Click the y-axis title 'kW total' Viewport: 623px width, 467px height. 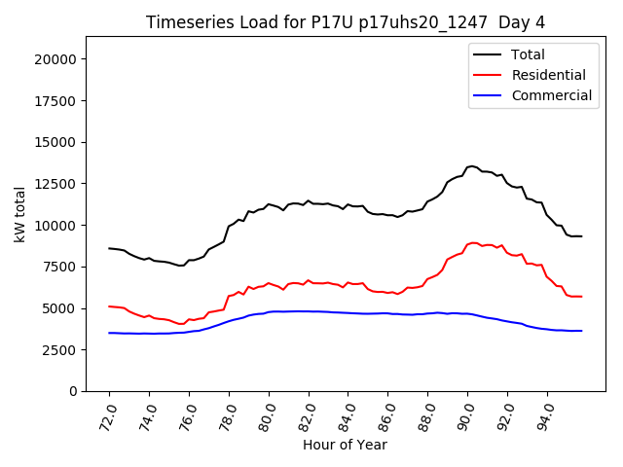tap(20, 214)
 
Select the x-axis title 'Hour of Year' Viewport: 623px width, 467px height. tap(345, 445)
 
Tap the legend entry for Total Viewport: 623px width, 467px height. tap(528, 55)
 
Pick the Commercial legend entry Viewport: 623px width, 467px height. tap(551, 95)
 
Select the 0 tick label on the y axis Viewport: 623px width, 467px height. tap(75, 391)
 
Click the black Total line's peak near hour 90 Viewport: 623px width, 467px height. tap(472, 166)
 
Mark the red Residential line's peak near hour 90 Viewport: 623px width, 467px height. tap(474, 242)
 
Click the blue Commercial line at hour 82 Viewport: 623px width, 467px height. tap(309, 311)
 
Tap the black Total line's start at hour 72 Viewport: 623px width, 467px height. tap(109, 248)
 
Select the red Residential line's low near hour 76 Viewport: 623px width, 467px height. tap(182, 324)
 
